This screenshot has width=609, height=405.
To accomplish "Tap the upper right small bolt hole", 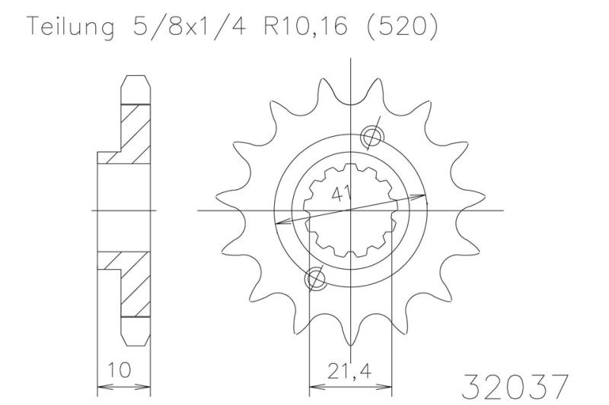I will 373,136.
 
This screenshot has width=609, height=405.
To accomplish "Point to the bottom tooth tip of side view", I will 135,339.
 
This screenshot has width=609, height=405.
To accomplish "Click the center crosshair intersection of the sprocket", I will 350,209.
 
